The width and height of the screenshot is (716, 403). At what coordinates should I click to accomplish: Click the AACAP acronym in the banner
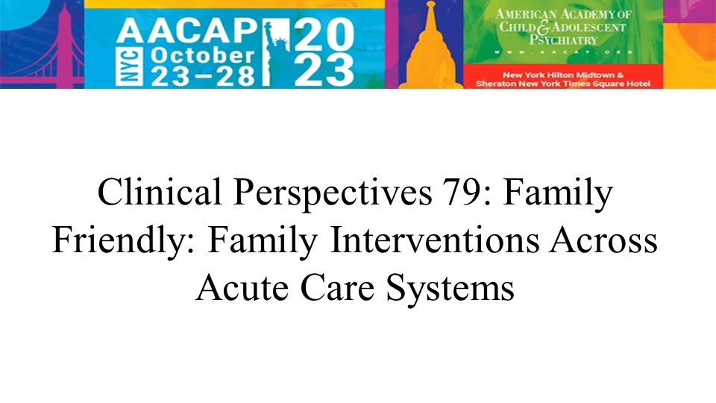(x=187, y=31)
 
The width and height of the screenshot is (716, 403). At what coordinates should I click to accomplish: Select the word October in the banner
(x=202, y=55)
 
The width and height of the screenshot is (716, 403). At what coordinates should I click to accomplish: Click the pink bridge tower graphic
(x=64, y=46)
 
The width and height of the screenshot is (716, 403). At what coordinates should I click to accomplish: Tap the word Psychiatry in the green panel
(x=563, y=40)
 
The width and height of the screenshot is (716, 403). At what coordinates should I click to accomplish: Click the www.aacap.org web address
(x=563, y=52)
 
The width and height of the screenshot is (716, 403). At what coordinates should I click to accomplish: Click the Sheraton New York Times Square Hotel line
(x=563, y=84)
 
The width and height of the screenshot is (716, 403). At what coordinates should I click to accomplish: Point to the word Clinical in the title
(x=160, y=192)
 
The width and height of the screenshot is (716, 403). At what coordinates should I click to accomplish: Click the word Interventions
(x=434, y=240)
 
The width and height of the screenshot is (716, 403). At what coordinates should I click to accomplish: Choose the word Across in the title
(x=603, y=240)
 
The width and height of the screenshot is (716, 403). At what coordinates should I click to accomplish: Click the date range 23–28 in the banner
(x=203, y=76)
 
